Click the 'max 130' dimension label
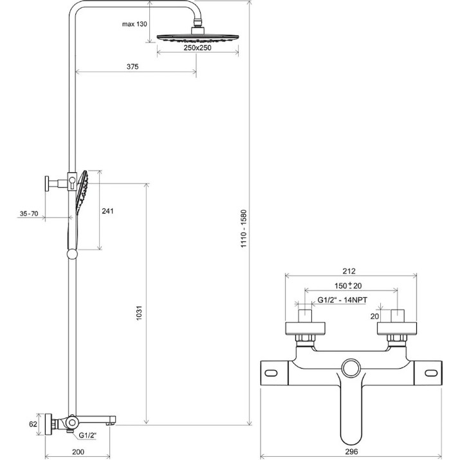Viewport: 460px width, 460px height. [x=134, y=24]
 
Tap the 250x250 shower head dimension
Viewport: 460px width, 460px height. [x=198, y=48]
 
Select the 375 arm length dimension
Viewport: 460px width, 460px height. [x=133, y=67]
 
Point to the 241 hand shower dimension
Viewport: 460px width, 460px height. [x=107, y=211]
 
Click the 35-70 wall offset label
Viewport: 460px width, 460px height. [x=29, y=214]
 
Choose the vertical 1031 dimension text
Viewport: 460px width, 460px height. [x=139, y=313]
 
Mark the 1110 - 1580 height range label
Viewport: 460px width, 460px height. [x=244, y=229]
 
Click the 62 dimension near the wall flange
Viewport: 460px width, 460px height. [x=33, y=424]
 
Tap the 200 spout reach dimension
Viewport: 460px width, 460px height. [x=78, y=452]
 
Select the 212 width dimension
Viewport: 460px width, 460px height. [x=349, y=271]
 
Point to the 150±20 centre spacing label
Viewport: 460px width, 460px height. [x=348, y=286]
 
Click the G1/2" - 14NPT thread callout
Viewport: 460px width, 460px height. [x=342, y=300]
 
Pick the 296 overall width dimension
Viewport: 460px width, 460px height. [x=351, y=452]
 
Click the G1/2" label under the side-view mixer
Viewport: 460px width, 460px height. [x=87, y=435]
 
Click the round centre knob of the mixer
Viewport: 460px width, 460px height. [x=351, y=367]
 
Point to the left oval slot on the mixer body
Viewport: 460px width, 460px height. [x=271, y=373]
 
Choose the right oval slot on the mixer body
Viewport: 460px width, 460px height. [x=431, y=373]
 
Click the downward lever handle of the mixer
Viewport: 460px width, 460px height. [x=351, y=410]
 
